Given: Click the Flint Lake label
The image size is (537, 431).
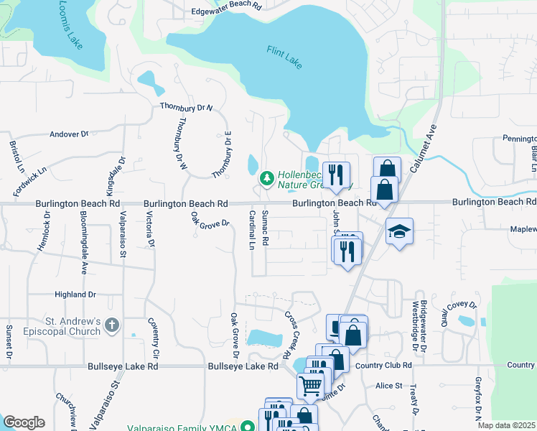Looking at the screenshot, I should pyautogui.click(x=284, y=57).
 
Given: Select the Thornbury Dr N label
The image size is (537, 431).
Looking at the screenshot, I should pyautogui.click(x=187, y=107).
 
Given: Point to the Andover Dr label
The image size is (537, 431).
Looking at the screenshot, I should pyautogui.click(x=68, y=134).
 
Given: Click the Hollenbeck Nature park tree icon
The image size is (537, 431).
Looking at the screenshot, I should pyautogui.click(x=266, y=176).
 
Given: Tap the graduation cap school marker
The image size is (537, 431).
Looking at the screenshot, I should pyautogui.click(x=399, y=231).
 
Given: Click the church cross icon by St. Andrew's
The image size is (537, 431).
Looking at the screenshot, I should pyautogui.click(x=111, y=326).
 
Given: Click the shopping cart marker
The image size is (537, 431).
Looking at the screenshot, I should pyautogui.click(x=310, y=385).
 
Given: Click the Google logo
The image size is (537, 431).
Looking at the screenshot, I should pyautogui.click(x=24, y=422).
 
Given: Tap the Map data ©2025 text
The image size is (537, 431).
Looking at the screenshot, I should pyautogui.click(x=507, y=425).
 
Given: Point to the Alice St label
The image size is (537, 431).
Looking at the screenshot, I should pyautogui.click(x=389, y=386).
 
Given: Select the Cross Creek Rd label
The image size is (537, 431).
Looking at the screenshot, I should pyautogui.click(x=291, y=335).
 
